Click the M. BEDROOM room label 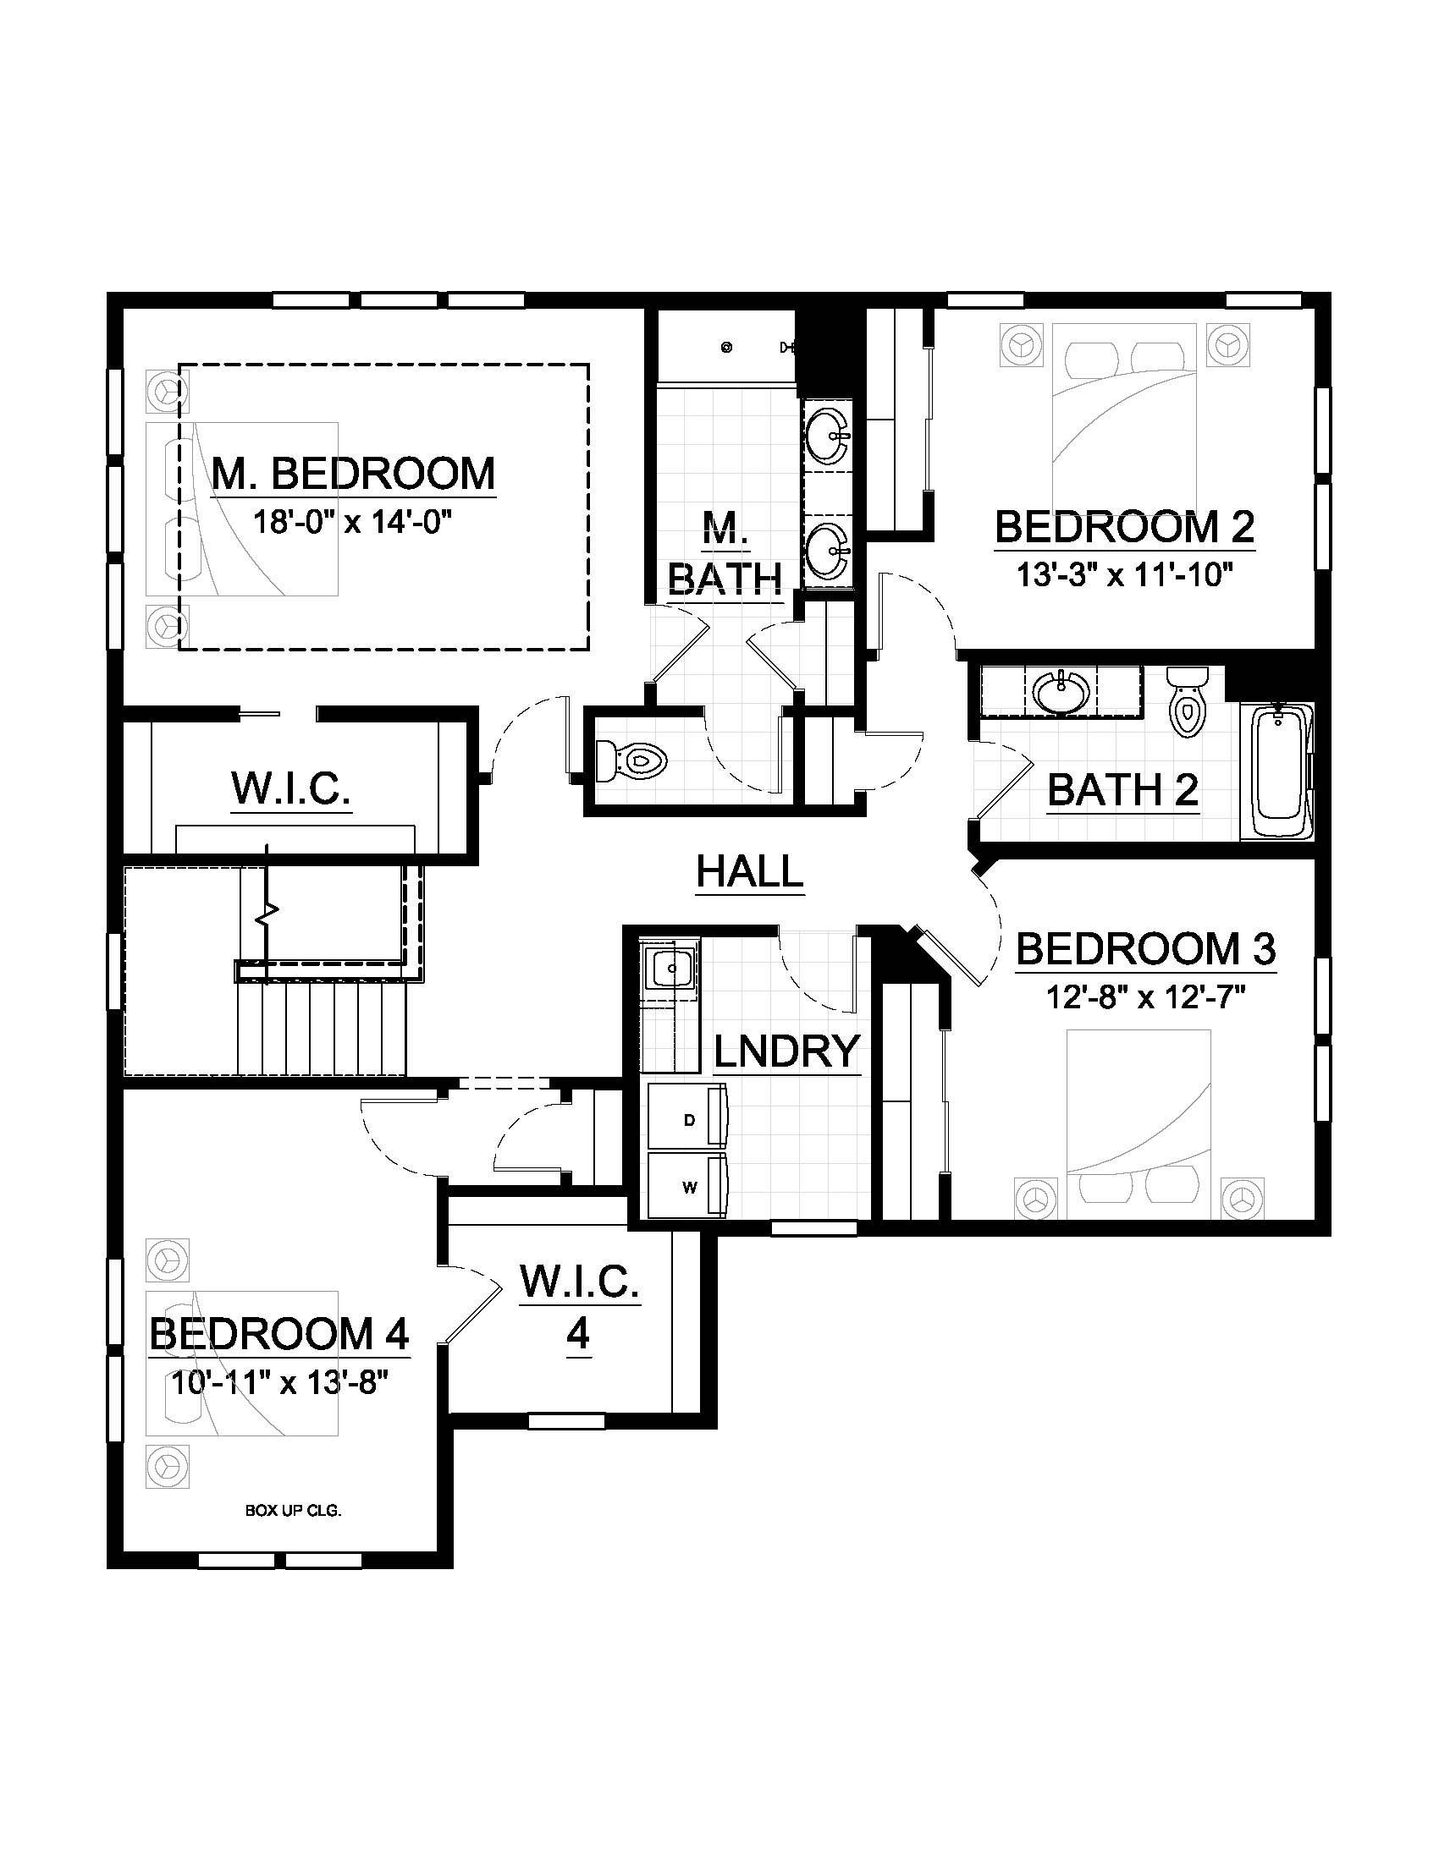point(353,474)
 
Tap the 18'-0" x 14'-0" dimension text point(352,520)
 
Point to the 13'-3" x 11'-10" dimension point(1124,574)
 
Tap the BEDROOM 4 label point(279,1334)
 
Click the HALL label point(750,871)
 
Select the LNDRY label point(786,1051)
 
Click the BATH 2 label point(1122,790)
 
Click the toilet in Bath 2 point(1188,700)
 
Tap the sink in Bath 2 point(1061,691)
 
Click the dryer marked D point(688,1120)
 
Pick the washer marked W point(688,1187)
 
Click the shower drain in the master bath point(726,347)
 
